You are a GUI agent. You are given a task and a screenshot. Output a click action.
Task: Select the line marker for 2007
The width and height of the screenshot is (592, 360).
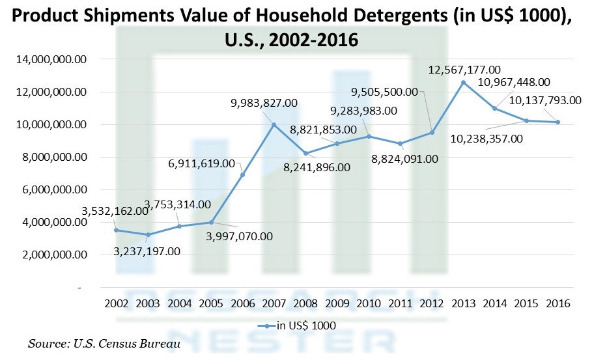tap(274, 124)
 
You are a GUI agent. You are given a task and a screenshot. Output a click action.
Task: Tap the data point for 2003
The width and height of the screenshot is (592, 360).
tap(148, 234)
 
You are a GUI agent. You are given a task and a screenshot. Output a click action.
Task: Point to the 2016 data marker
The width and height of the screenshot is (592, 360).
tap(557, 122)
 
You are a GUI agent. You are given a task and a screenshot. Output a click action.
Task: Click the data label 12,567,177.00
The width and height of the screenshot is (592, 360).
tap(464, 69)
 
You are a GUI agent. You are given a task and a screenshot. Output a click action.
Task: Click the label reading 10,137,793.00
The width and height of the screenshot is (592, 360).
tap(544, 100)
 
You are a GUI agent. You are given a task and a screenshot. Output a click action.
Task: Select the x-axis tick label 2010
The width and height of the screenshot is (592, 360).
tap(369, 303)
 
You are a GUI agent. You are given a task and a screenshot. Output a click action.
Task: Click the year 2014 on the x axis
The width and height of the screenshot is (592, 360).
tap(494, 303)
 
